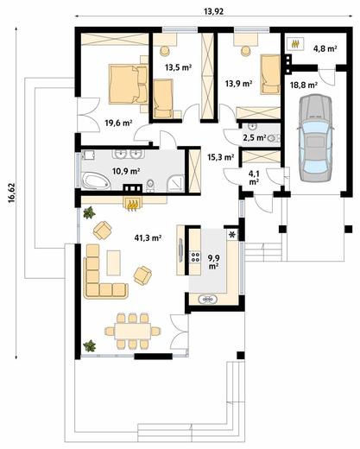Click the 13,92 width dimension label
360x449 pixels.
(213, 11)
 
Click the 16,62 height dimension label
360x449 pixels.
(11, 193)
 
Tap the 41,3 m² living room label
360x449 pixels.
(148, 237)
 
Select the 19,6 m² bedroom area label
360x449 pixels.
(118, 123)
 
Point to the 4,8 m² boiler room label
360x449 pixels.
(325, 48)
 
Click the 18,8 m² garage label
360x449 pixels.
(304, 85)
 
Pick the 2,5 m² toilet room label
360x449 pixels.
(255, 137)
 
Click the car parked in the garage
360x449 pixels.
(315, 138)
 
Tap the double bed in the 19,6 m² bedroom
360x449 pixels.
(129, 84)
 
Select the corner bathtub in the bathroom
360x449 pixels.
(96, 181)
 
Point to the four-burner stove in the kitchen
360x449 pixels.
(195, 256)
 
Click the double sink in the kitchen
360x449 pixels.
(208, 300)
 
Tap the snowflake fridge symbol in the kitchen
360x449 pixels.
(232, 235)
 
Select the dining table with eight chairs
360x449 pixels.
(133, 331)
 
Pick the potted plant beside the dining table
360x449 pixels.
(90, 345)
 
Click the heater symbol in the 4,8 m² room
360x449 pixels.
(295, 44)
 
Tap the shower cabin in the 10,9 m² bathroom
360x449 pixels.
(175, 183)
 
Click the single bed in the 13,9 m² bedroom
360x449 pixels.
(270, 74)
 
